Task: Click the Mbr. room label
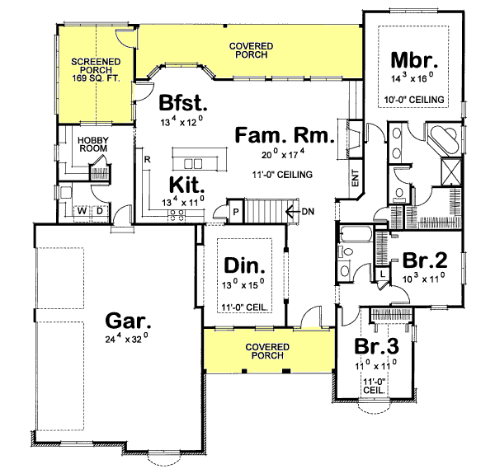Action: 414,61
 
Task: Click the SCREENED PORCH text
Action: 95,66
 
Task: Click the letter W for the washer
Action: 82,212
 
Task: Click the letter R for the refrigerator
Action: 146,158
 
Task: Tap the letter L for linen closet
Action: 384,273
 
